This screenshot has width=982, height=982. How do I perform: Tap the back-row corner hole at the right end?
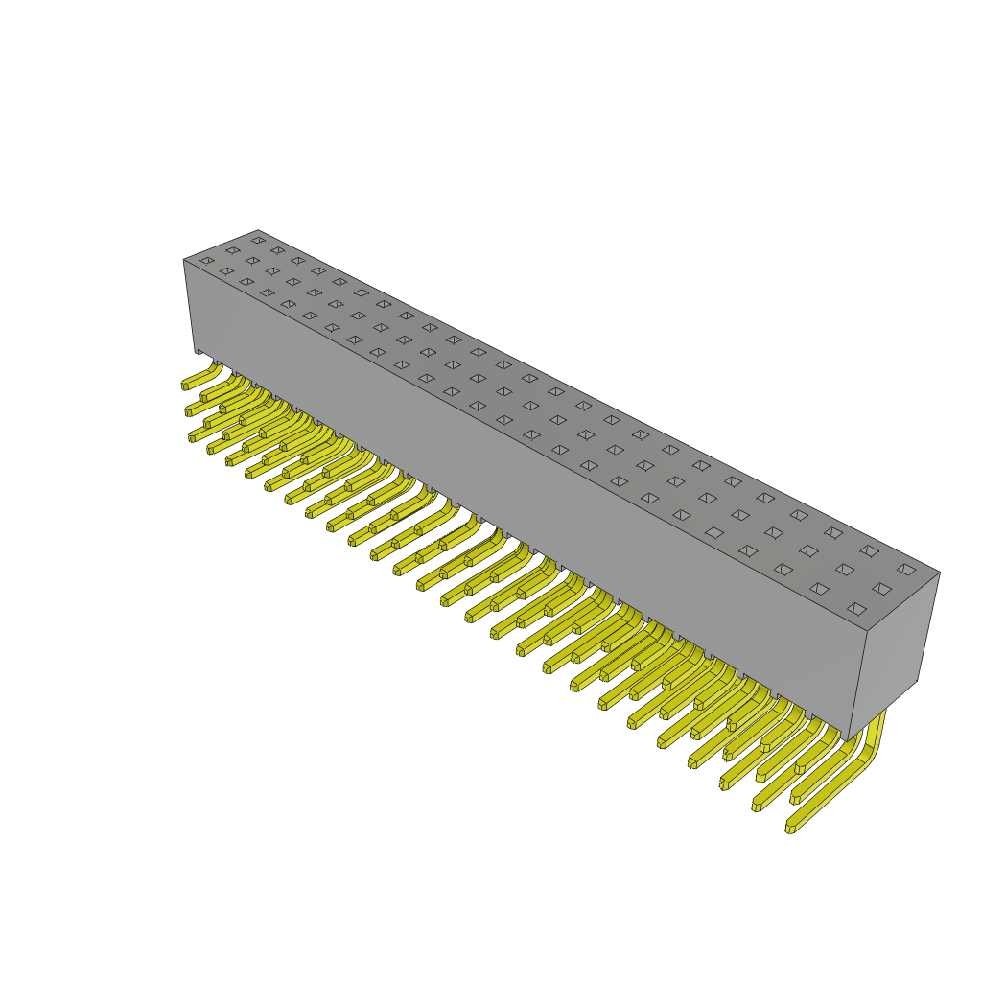click(x=906, y=570)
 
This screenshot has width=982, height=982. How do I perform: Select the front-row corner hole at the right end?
click(x=857, y=608)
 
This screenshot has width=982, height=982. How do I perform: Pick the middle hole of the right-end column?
click(x=881, y=589)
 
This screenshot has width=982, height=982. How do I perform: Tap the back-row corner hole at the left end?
click(x=258, y=240)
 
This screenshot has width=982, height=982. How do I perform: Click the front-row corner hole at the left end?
click(x=207, y=260)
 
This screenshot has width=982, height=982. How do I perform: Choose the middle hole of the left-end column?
click(x=232, y=250)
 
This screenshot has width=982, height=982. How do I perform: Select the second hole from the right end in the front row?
click(x=819, y=589)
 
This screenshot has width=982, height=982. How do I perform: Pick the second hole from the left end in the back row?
click(x=277, y=250)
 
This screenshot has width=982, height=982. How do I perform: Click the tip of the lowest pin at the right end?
click(x=790, y=829)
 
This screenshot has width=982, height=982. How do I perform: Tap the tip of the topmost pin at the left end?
click(x=185, y=386)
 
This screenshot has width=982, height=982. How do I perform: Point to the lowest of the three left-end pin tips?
click(x=192, y=437)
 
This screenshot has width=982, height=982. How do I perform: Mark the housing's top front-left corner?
click(x=184, y=260)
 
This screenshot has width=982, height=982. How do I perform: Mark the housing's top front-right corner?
click(x=867, y=631)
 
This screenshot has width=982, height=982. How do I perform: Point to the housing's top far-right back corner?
click(x=939, y=573)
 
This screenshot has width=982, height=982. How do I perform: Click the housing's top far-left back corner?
click(x=258, y=231)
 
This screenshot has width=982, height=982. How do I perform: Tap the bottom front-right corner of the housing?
click(x=847, y=739)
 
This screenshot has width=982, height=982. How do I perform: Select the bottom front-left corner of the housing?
click(x=196, y=349)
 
